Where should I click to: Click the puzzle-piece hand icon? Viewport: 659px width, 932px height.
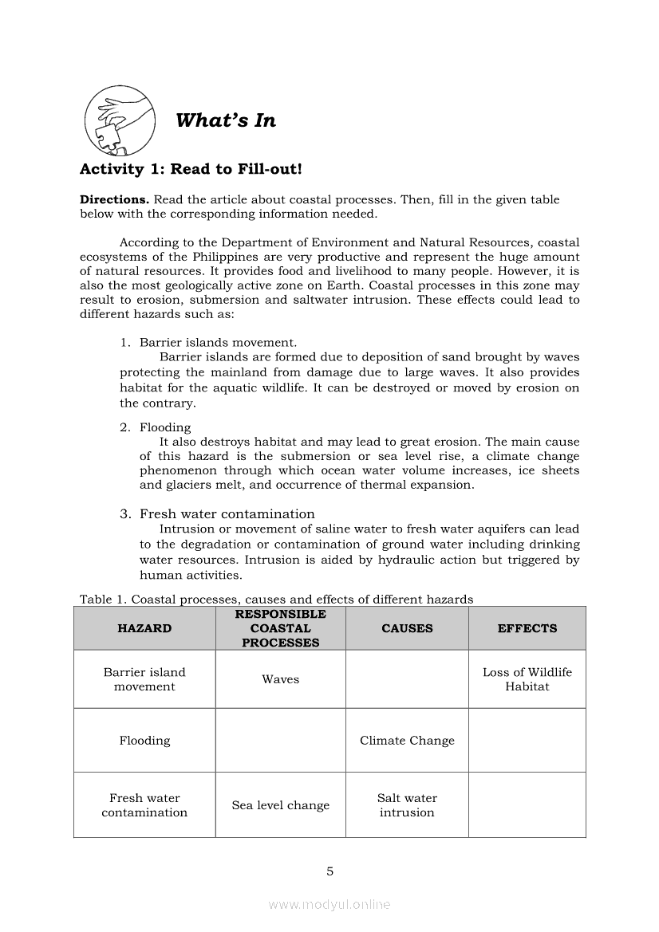coord(120,120)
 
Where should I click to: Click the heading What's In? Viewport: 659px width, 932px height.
coord(226,120)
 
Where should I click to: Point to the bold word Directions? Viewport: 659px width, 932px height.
coord(114,199)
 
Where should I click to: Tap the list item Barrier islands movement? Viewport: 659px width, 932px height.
coord(218,342)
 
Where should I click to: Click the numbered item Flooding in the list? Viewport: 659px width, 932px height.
coord(165,427)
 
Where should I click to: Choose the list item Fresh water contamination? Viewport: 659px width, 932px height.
coord(227,513)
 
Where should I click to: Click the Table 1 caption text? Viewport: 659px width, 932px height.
coord(276,599)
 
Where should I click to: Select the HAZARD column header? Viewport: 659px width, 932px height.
coord(144,628)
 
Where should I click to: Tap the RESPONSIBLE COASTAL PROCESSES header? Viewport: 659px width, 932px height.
coord(280,628)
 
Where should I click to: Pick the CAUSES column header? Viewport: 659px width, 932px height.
coord(407,628)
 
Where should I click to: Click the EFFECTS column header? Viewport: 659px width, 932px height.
coord(527,628)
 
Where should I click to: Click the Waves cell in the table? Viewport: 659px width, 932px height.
coord(280,679)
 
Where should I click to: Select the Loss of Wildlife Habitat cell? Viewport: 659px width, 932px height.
coord(527,679)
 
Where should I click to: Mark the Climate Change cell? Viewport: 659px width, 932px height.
coord(407,741)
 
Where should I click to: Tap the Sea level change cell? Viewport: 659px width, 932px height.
coord(280,805)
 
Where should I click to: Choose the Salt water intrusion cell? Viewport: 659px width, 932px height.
coord(407,805)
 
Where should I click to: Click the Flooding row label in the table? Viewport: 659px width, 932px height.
coord(144,741)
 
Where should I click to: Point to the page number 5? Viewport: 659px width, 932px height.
coord(329,871)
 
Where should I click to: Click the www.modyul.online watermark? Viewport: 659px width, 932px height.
coord(329,904)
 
